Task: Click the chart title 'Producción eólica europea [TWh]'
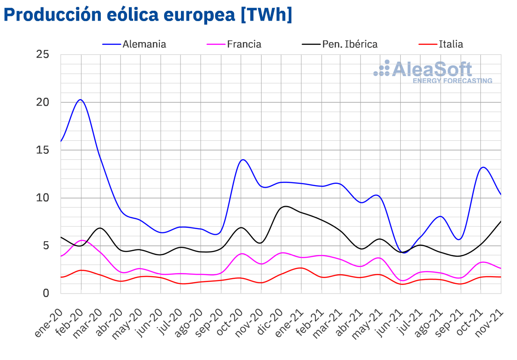148,15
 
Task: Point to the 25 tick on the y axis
43,55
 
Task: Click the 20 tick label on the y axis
43,102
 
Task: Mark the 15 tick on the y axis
43,150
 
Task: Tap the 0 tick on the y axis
46,294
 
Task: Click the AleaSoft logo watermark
433,71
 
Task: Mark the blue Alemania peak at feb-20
81,99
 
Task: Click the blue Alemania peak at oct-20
243,160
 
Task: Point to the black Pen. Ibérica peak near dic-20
285,206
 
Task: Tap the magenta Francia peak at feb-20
82,240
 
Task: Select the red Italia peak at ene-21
301,268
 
